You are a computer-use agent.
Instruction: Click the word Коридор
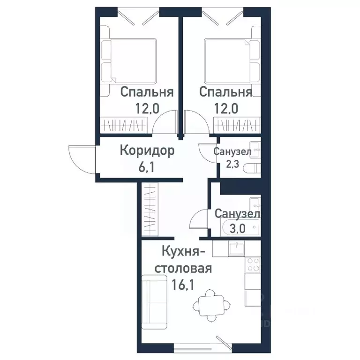147,151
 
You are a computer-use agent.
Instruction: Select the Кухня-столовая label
183,260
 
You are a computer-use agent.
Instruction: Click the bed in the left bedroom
130,60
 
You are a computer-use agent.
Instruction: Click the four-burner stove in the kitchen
254,265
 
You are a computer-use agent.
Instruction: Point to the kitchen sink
237,248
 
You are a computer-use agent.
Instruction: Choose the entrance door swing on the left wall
78,158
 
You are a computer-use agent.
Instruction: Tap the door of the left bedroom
166,123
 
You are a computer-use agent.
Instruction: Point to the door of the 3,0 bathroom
200,219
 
